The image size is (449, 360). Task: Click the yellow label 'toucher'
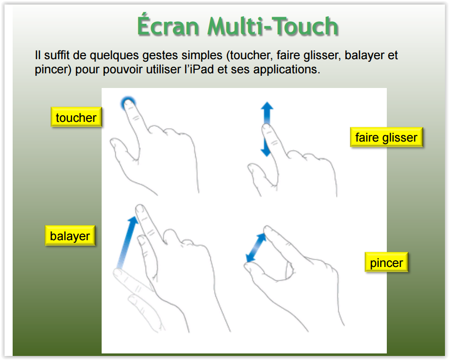click(76, 117)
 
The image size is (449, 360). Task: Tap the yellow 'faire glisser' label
click(386, 137)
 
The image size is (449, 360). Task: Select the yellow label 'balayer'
click(70, 236)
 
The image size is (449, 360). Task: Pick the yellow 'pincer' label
click(386, 262)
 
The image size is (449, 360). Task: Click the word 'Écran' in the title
click(168, 25)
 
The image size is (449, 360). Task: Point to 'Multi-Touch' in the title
click(273, 26)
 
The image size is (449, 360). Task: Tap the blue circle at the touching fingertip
click(128, 103)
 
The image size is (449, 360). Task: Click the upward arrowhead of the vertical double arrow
click(267, 106)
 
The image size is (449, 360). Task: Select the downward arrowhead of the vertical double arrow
click(266, 152)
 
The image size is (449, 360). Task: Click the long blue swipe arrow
click(126, 243)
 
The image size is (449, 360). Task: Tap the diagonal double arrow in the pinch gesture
click(256, 247)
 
